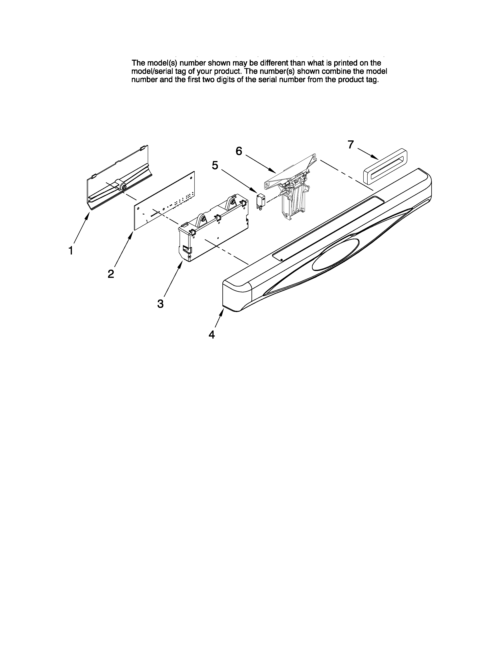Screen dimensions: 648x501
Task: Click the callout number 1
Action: (x=71, y=251)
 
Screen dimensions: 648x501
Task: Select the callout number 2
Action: (x=111, y=274)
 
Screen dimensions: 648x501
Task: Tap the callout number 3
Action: (x=160, y=304)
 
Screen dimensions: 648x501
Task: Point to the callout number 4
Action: (x=212, y=335)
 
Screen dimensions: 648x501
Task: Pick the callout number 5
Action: (x=215, y=165)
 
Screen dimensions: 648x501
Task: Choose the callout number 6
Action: (x=239, y=151)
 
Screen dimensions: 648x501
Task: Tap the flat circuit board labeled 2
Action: (x=165, y=200)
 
